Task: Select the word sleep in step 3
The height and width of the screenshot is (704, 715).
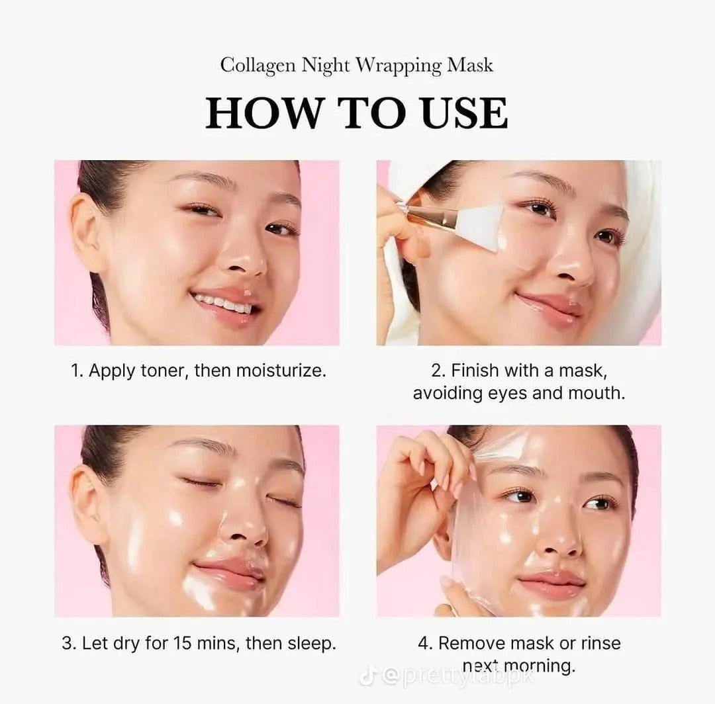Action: coord(311,643)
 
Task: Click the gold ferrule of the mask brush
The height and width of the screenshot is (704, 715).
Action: coord(430,215)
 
